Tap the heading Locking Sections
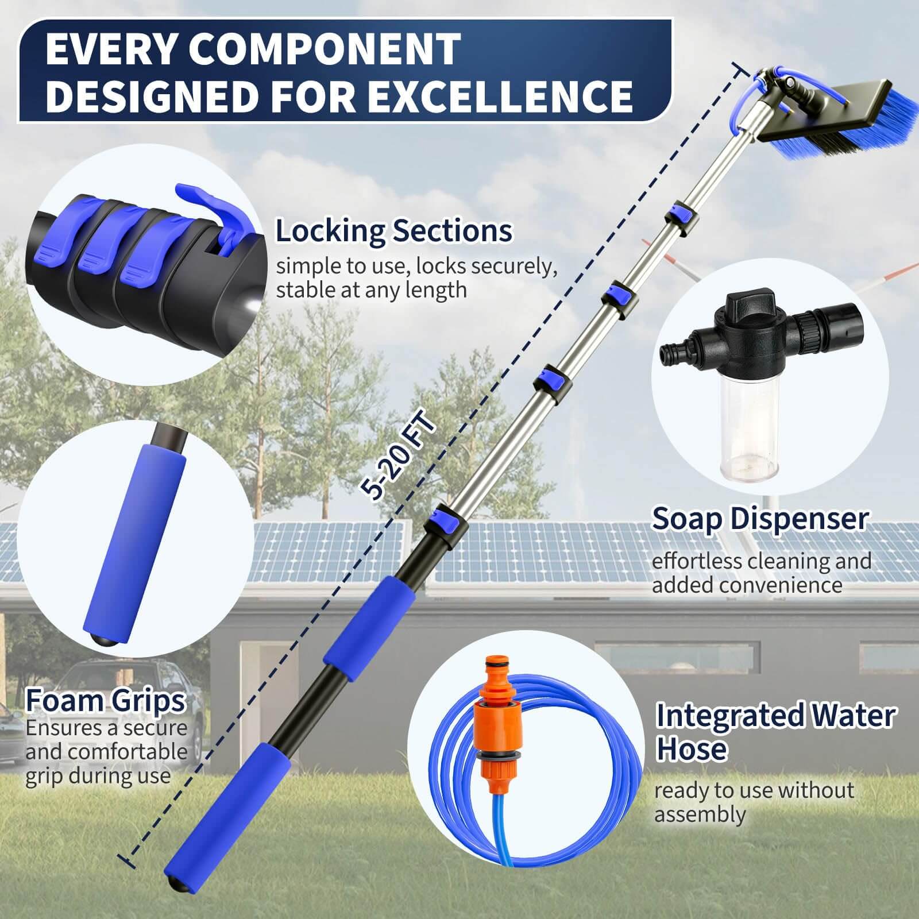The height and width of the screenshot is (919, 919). (x=393, y=231)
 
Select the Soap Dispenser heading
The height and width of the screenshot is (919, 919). (x=759, y=519)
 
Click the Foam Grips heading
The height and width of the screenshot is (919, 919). (x=106, y=701)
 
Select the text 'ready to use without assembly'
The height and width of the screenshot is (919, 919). (x=754, y=802)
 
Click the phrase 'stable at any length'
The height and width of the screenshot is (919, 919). (x=371, y=290)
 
